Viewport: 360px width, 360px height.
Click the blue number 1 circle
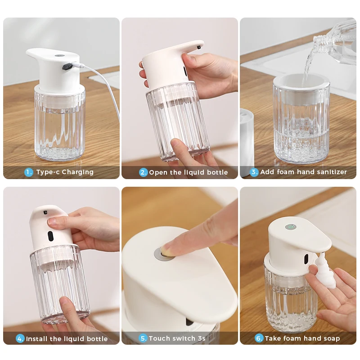coord(29,172)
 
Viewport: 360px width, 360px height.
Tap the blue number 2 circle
coord(143,172)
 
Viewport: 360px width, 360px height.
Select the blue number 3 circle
coord(254,172)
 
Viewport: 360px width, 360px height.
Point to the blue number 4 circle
coord(20,339)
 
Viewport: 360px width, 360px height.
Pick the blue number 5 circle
coord(143,338)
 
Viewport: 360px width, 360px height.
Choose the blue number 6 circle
coord(259,338)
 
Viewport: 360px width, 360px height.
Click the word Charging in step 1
coord(77,172)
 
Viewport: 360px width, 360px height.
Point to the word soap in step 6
coord(332,338)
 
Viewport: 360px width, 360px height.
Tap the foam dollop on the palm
coord(325,271)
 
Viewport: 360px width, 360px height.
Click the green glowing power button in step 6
coord(291,227)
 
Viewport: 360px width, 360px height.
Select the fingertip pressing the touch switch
coord(167,249)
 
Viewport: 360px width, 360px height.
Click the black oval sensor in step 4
coord(50,236)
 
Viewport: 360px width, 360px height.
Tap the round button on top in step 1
coord(60,55)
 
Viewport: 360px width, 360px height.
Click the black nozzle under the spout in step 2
coord(198,47)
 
